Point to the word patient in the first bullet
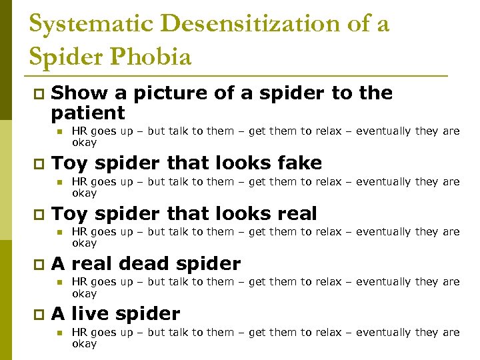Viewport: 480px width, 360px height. (88, 112)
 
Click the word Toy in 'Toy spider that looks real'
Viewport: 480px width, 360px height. (70, 214)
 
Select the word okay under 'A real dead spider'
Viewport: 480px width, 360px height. (84, 293)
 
